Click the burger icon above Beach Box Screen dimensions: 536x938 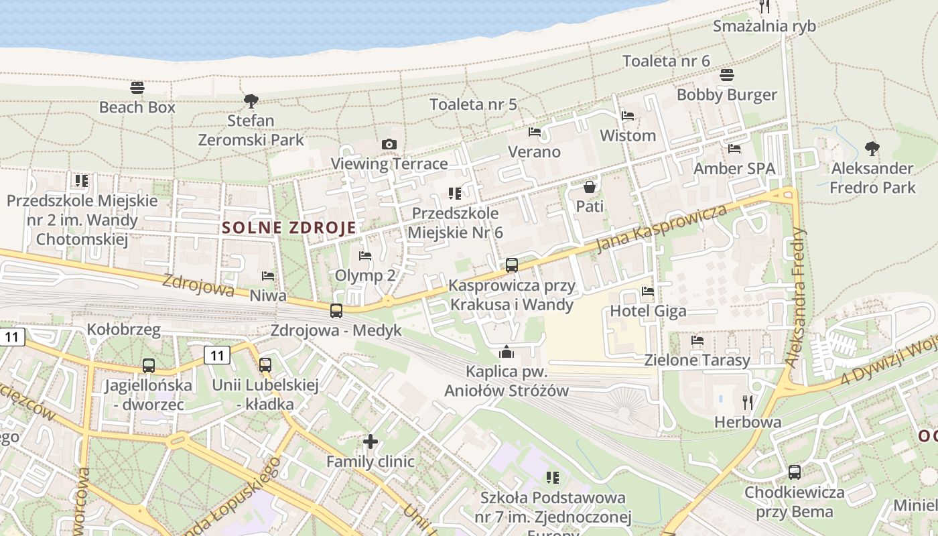137,88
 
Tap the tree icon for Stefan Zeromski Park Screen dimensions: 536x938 251,101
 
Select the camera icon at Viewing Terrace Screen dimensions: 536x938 389,144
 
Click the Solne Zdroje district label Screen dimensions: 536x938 289,228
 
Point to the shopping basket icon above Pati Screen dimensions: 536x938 590,186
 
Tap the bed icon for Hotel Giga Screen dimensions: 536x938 648,291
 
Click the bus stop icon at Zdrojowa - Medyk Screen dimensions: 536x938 336,311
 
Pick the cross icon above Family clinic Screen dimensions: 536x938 371,442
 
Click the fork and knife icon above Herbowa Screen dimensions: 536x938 748,402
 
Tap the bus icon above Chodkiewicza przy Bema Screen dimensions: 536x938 795,472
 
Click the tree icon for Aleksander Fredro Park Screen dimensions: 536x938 872,148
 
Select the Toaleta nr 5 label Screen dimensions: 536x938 473,104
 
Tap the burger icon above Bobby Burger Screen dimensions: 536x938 727,75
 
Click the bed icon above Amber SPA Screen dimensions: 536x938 734,149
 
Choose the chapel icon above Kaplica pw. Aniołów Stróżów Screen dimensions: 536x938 507,352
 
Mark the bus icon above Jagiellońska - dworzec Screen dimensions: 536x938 149,366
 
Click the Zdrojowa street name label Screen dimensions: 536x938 198,285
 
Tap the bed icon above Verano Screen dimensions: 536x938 534,132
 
